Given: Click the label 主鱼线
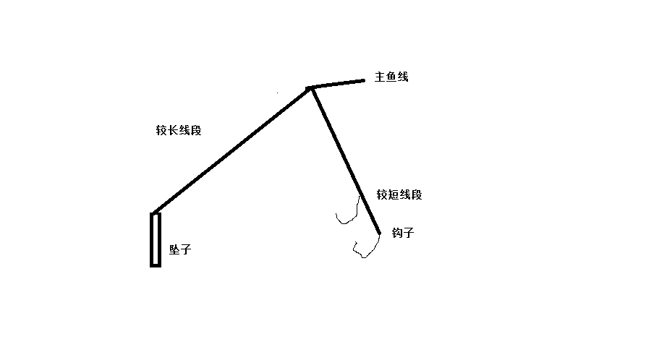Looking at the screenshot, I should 391,77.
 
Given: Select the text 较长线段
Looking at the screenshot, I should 178,130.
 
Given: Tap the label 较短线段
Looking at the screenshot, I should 399,195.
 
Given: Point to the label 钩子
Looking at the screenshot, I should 403,233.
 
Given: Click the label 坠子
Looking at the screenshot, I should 180,250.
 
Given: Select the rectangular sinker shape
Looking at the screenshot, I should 155,239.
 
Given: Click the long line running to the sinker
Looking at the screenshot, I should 231,150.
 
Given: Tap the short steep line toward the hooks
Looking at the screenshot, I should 346,160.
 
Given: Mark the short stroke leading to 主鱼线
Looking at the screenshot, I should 338,84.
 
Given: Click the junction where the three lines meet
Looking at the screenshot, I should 311,88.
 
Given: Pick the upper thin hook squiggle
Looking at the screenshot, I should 349,211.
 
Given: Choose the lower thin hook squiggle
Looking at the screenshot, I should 366,248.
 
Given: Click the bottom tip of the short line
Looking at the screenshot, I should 379,233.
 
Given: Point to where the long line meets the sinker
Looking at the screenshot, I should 155,213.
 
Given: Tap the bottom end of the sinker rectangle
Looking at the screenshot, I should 155,265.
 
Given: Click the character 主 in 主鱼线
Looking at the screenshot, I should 380,77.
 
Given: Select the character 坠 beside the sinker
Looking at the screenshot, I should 174,250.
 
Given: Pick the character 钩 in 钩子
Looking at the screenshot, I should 397,233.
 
